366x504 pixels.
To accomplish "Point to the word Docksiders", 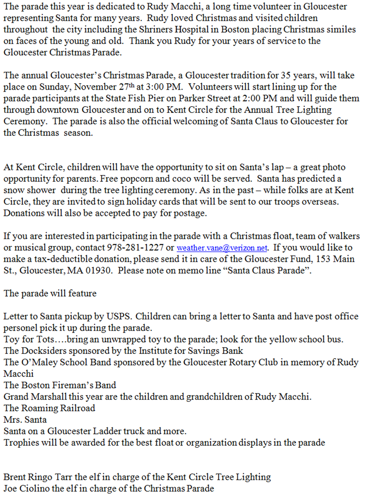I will pyautogui.click(x=41, y=351).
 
